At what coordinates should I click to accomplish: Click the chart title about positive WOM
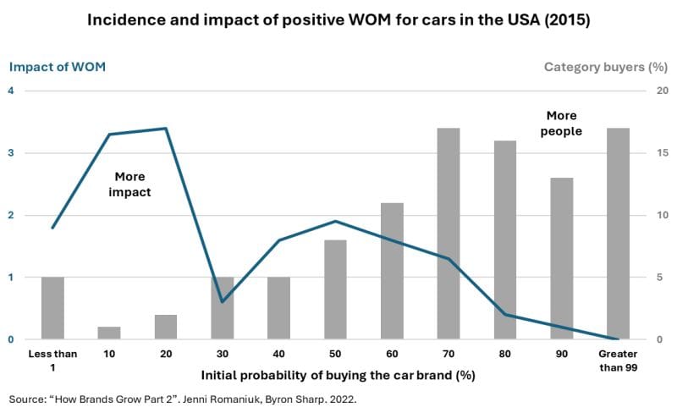click(x=338, y=20)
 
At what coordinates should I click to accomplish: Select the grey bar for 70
click(x=448, y=234)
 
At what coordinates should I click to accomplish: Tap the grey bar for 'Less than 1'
click(x=52, y=308)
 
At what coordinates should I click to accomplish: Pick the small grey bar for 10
click(x=109, y=333)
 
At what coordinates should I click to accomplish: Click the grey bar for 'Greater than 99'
click(x=618, y=234)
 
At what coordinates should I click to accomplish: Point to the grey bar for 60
click(x=392, y=271)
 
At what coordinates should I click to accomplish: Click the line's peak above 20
click(x=166, y=129)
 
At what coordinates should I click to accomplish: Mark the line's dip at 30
click(x=223, y=302)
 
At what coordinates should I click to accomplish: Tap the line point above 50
click(x=335, y=222)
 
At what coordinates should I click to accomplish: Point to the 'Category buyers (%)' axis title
click(x=600, y=67)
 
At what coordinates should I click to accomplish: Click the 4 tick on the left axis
click(x=12, y=91)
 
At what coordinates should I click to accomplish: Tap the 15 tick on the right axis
click(x=640, y=153)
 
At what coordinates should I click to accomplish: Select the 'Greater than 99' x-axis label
click(x=618, y=359)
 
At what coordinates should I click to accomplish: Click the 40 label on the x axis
click(x=278, y=353)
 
